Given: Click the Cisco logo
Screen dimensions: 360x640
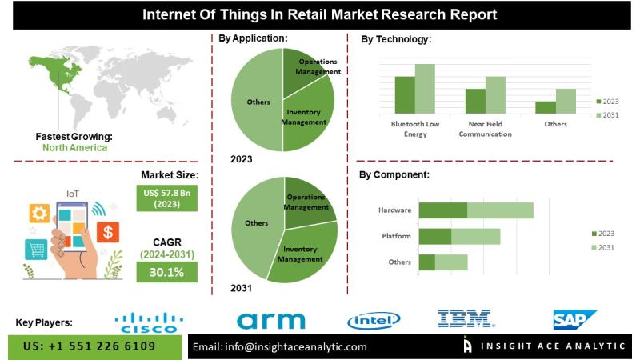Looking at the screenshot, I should pyautogui.click(x=149, y=322).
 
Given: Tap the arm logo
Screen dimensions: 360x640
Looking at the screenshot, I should pyautogui.click(x=271, y=321).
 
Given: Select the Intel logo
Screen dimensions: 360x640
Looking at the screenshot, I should pyautogui.click(x=374, y=321).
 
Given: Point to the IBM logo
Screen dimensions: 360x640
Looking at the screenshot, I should pyautogui.click(x=465, y=319).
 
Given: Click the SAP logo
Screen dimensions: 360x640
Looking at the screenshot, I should pyautogui.click(x=575, y=320).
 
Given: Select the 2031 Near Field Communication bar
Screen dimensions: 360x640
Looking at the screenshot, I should pyautogui.click(x=495, y=94).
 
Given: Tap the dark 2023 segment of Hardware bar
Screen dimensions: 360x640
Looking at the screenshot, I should pyautogui.click(x=442, y=210).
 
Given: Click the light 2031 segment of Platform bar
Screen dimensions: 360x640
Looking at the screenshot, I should pyautogui.click(x=475, y=236).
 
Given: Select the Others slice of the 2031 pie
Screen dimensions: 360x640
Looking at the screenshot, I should pyautogui.click(x=254, y=222).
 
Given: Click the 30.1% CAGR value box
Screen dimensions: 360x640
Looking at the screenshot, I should pyautogui.click(x=166, y=273).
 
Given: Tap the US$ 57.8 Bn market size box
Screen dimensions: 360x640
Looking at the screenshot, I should pyautogui.click(x=166, y=198).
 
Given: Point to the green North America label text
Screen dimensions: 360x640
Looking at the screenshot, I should pyautogui.click(x=74, y=147).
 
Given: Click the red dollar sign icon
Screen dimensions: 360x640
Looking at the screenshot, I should pyautogui.click(x=108, y=232).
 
